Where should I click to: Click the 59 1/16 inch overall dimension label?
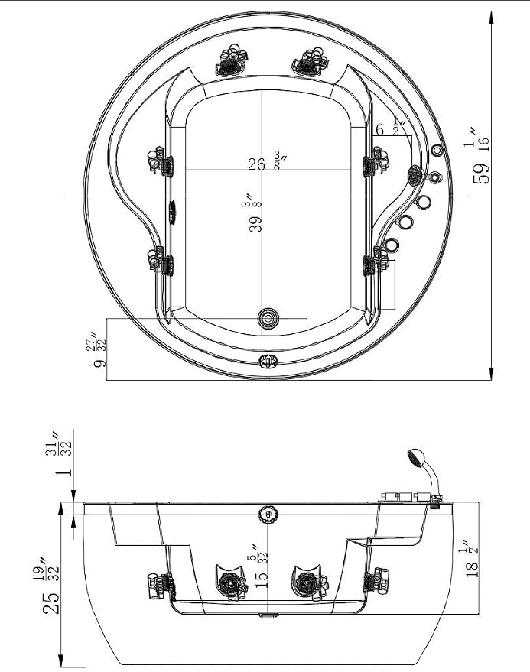[x=480, y=154]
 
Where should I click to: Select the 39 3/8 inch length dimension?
[x=252, y=213]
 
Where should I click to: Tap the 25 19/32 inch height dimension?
[x=51, y=585]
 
